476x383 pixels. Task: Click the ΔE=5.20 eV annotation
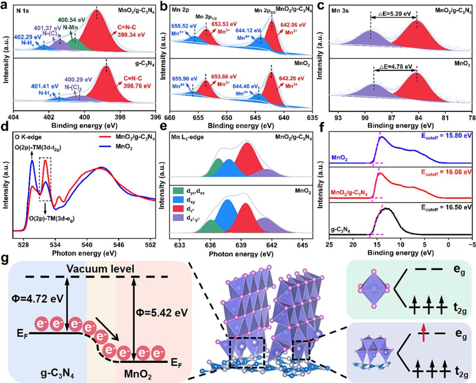(394, 13)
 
